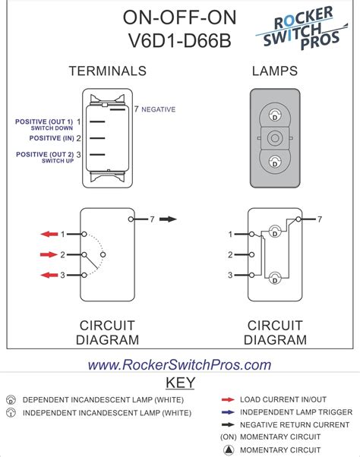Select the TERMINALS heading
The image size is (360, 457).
click(107, 71)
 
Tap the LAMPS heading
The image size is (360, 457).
click(274, 71)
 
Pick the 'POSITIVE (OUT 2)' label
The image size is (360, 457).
click(44, 154)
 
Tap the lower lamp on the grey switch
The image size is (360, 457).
click(275, 160)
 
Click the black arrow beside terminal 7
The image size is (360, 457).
click(169, 219)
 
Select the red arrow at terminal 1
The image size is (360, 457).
click(49, 234)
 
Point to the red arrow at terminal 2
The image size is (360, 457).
click(49, 254)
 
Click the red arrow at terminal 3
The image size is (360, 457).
click(49, 276)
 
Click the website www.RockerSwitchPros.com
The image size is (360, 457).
click(179, 365)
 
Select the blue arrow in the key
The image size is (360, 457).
click(227, 411)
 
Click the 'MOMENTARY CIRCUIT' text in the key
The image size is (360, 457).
click(280, 437)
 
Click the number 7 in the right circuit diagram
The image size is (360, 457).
click(320, 219)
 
